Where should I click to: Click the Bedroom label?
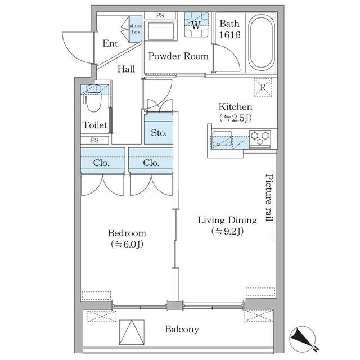127,233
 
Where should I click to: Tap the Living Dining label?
227,220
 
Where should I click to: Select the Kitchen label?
235,107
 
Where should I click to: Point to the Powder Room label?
178,56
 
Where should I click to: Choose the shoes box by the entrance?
136,29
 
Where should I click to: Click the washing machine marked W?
196,25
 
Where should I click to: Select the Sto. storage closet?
159,133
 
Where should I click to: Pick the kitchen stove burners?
260,136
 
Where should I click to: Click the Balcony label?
181,329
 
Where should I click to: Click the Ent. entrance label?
110,43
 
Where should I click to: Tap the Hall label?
126,69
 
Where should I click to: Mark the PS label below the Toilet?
95,140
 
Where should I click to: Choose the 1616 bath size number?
229,35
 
